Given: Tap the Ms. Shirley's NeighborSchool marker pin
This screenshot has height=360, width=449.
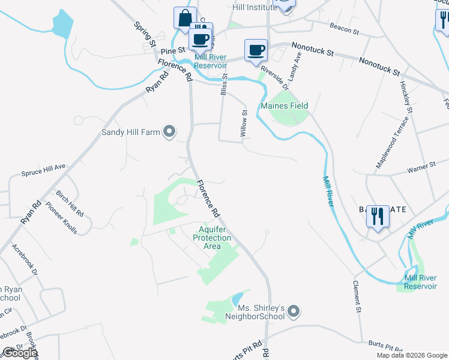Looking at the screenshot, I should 294,311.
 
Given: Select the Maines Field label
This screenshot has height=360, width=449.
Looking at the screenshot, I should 284,106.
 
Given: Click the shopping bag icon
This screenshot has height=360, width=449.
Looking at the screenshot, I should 184,17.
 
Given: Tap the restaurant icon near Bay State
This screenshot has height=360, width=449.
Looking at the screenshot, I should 378,216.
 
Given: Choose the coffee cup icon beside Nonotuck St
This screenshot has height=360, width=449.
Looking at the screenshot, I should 256,50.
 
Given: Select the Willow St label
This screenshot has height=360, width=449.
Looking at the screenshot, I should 244,123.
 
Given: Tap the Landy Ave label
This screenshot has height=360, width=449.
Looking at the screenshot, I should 294,67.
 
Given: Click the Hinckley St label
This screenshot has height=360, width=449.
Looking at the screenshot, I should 406,98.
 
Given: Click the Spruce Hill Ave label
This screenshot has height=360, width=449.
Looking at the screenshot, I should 43,172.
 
